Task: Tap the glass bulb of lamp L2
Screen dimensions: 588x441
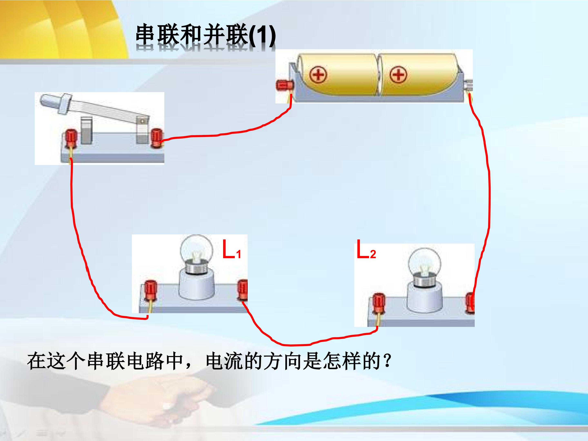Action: click(425, 262)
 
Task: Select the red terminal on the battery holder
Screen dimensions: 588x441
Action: click(285, 85)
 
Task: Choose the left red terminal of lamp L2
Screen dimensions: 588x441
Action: click(378, 303)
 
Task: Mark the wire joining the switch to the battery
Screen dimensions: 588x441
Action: click(226, 134)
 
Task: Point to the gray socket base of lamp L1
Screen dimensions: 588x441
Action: click(196, 284)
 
